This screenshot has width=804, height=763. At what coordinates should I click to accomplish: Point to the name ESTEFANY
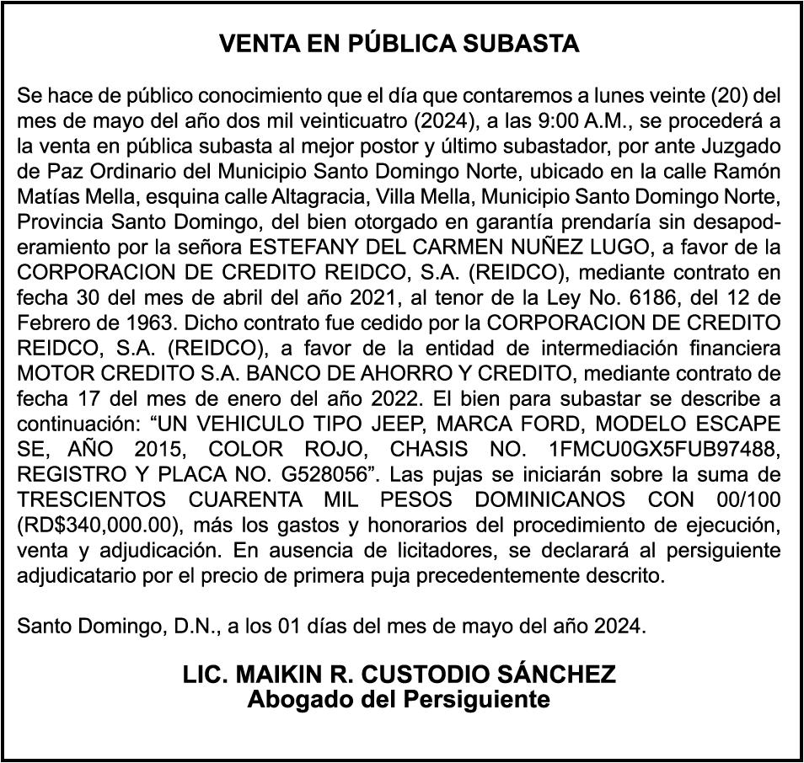click(290, 249)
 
